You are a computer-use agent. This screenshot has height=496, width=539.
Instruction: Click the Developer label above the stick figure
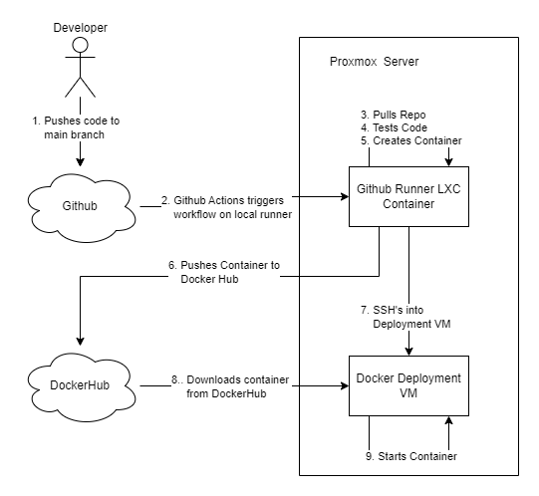[79, 18]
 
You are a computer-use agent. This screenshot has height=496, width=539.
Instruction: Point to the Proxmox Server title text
[375, 62]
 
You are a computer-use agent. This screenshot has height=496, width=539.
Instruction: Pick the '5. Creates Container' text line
[411, 140]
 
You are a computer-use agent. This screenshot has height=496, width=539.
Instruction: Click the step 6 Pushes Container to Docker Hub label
[224, 273]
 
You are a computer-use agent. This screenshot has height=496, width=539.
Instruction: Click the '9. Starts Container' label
[409, 455]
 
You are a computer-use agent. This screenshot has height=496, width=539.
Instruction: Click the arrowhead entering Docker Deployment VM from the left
[344, 386]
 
